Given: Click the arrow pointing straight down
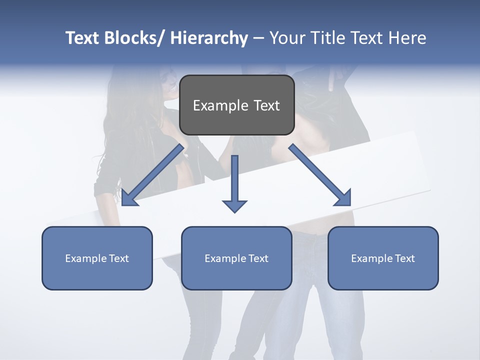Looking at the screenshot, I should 234,182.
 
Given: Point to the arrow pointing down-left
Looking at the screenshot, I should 152,175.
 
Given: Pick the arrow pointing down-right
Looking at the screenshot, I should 320,175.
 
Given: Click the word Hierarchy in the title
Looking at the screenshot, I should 209,38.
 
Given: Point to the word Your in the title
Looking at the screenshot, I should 287,38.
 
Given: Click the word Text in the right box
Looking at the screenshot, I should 405,258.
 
